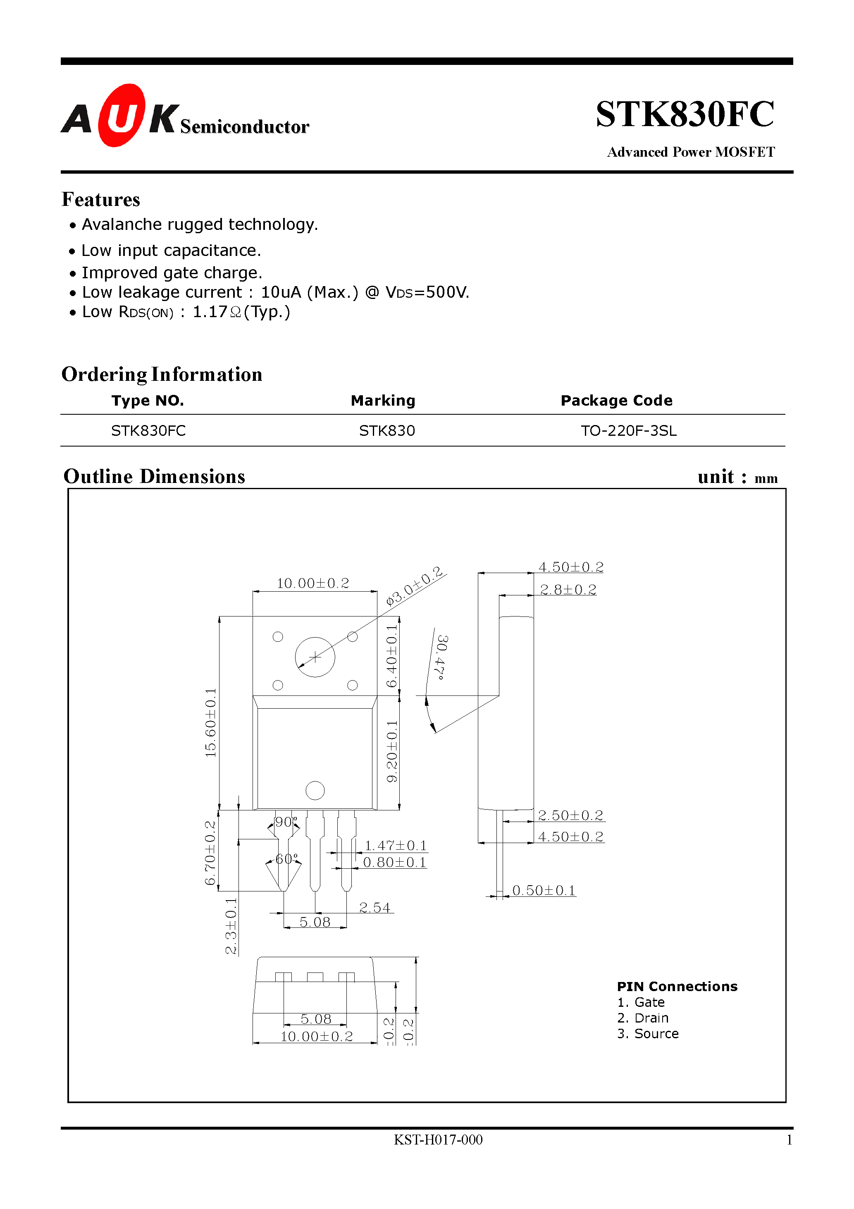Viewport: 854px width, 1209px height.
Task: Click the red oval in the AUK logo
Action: (x=122, y=115)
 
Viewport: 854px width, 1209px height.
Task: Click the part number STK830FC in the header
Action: (x=685, y=114)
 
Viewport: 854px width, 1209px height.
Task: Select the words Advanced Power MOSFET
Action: (x=690, y=152)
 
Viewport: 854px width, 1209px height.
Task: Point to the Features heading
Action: (x=100, y=200)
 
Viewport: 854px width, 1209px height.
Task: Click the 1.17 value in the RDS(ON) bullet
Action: (x=210, y=312)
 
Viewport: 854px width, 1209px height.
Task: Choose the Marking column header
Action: (x=383, y=401)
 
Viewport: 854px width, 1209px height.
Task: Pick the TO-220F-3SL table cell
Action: (x=628, y=431)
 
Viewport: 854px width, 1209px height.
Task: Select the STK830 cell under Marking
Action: (x=386, y=431)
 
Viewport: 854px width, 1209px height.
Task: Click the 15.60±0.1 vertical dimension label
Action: (x=210, y=722)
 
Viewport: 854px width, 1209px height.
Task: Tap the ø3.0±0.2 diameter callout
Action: (x=414, y=586)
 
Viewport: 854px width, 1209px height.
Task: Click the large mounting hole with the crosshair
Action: (x=315, y=657)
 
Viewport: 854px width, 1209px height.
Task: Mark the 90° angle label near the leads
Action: (x=286, y=822)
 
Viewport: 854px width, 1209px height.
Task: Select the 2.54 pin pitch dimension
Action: (x=375, y=907)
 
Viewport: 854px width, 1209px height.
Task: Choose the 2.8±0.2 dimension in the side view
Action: (x=568, y=590)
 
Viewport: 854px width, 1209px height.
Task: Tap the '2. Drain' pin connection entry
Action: (x=642, y=1018)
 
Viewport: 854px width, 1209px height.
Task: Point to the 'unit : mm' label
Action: (x=737, y=477)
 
